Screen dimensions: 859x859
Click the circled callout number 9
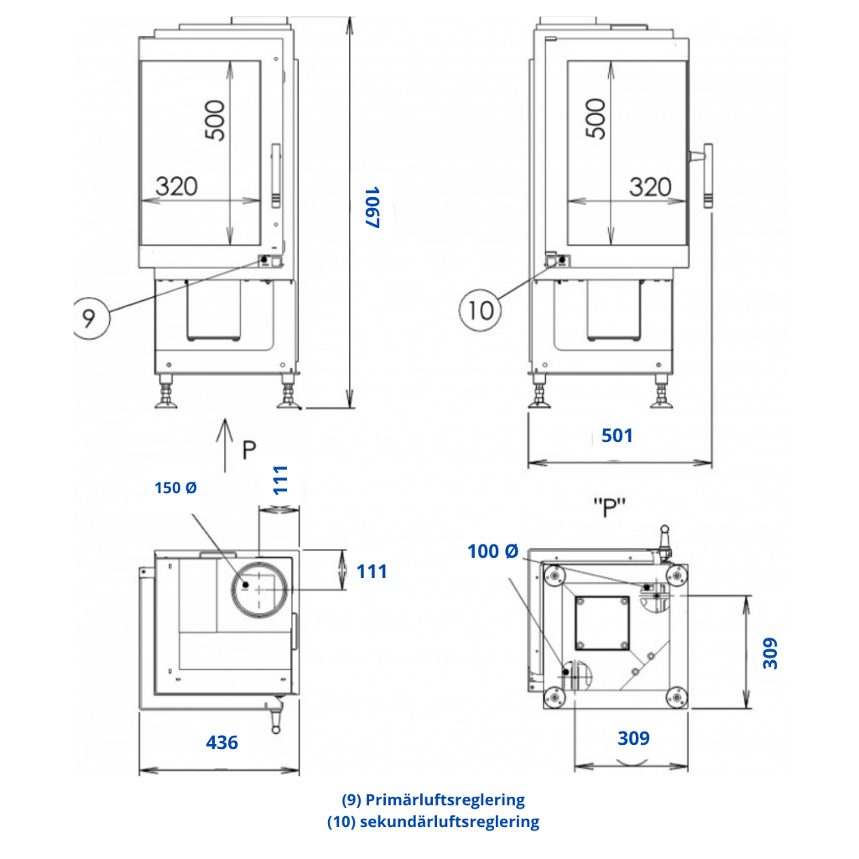[x=91, y=318]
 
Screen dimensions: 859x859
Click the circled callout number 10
[x=481, y=310]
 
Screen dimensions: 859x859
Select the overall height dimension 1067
[x=372, y=207]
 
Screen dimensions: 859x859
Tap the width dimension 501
[x=617, y=435]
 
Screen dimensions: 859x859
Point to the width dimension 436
[x=221, y=742]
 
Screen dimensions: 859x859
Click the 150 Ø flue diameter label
[x=175, y=487]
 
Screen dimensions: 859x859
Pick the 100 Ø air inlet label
[x=492, y=551]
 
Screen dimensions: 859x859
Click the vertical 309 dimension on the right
[x=770, y=653]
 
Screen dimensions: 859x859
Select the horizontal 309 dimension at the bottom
[x=633, y=738]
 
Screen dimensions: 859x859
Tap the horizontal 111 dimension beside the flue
[x=372, y=571]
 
